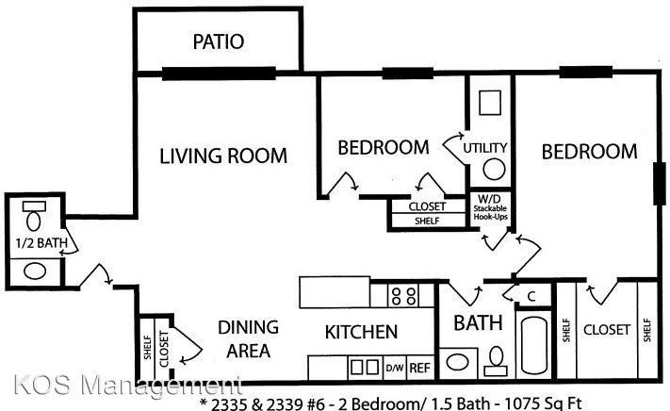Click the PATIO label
(x=219, y=41)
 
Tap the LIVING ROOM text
(x=222, y=156)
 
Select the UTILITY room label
(x=485, y=148)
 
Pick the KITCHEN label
(x=361, y=332)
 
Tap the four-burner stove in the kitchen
(x=404, y=296)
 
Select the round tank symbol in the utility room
(x=493, y=169)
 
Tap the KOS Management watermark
(x=122, y=386)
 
